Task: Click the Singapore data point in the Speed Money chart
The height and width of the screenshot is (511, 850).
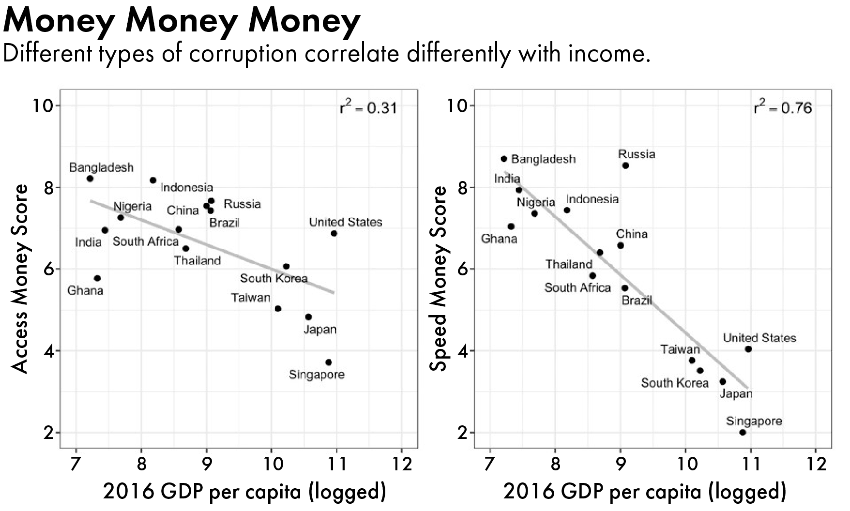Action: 743,432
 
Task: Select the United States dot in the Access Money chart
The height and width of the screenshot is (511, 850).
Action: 334,233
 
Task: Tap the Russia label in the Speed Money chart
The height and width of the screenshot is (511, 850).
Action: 637,154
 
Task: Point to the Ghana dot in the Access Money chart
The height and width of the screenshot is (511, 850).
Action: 97,278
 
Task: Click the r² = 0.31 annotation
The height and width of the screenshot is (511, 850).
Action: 368,108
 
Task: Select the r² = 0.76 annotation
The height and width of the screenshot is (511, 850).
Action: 783,108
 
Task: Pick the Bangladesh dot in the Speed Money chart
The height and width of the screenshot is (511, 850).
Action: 504,159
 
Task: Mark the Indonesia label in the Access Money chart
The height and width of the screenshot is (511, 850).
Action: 187,187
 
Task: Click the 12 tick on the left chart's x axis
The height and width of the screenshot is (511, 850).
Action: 401,464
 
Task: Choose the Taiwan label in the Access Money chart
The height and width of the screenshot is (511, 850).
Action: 250,298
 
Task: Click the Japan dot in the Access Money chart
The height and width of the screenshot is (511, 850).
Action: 308,317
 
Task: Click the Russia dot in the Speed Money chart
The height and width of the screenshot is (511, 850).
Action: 625,165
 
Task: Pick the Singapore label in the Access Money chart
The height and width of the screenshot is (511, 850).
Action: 317,375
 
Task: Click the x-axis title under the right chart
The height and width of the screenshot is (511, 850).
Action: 645,492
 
